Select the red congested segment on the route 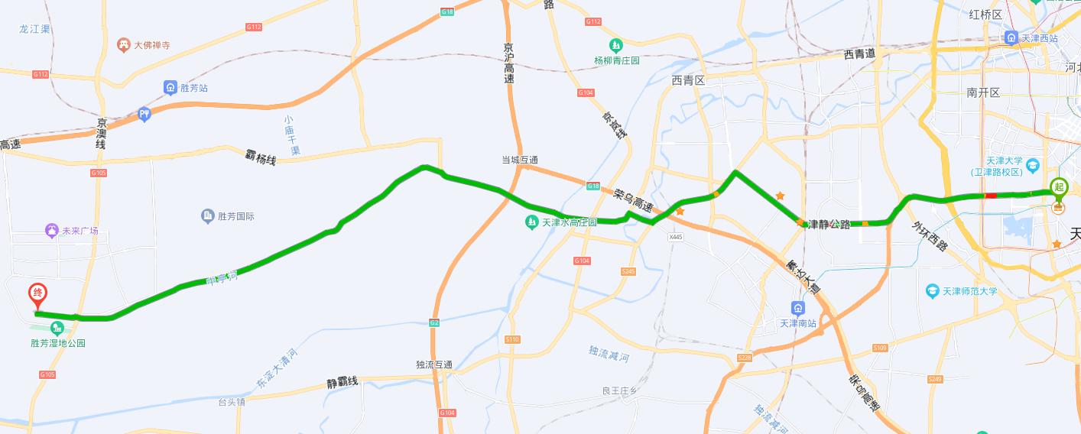pyautogui.click(x=991, y=196)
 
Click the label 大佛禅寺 pyautogui.click(x=151, y=45)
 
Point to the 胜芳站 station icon pyautogui.click(x=170, y=88)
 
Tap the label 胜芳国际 pyautogui.click(x=235, y=216)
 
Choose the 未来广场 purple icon pyautogui.click(x=52, y=230)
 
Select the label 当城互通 pyautogui.click(x=520, y=160)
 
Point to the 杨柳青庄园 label pyautogui.click(x=616, y=60)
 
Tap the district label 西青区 pyautogui.click(x=687, y=80)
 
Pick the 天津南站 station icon pyautogui.click(x=798, y=309)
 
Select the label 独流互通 pyautogui.click(x=434, y=364)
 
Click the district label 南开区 pyautogui.click(x=983, y=92)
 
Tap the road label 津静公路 pyautogui.click(x=829, y=225)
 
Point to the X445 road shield pyautogui.click(x=674, y=238)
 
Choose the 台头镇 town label pyautogui.click(x=232, y=401)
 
